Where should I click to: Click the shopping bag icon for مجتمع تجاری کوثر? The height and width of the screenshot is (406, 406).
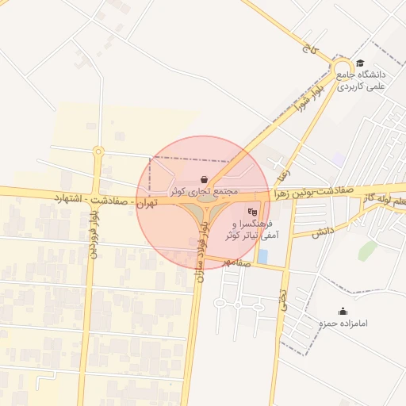click(x=205, y=179)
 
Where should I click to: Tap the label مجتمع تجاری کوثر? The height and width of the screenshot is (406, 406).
click(x=205, y=192)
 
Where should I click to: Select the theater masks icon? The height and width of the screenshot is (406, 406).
click(x=252, y=211)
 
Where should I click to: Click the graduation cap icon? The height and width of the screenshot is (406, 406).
click(x=360, y=63)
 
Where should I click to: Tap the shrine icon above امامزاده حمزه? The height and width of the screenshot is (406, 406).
click(x=343, y=311)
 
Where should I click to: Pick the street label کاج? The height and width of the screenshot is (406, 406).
click(x=308, y=48)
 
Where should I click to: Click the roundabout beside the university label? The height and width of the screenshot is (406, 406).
click(x=342, y=68)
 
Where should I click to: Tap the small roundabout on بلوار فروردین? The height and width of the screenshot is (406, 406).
click(x=98, y=151)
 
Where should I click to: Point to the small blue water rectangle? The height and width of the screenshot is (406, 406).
click(x=262, y=256)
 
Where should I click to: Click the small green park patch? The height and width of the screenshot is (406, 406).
click(x=366, y=251)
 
